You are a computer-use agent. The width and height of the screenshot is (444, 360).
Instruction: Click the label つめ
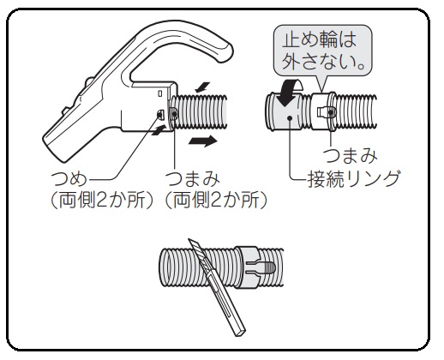coord(69,179)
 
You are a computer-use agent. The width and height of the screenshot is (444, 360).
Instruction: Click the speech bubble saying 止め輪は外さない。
coord(323,51)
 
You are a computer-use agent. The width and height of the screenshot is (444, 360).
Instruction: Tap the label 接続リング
coord(353,179)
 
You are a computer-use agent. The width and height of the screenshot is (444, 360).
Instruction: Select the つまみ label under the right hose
coord(350,156)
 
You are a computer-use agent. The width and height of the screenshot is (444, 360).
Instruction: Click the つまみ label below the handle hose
coord(193,179)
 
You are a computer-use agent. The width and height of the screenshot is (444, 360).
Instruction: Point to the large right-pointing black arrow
coord(203,141)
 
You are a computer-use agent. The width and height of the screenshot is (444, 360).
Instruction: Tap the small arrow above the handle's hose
coord(202,87)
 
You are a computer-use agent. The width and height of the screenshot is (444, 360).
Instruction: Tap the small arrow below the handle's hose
coord(159,130)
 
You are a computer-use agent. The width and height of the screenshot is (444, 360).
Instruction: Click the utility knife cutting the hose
coord(216,287)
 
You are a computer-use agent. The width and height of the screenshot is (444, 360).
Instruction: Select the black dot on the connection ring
coord(290,117)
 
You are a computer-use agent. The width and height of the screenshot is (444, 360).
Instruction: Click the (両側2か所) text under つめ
coord(102,200)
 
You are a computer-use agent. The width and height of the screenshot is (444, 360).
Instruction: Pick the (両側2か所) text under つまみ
coord(216,200)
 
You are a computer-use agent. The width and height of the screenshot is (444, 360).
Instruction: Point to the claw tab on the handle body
coord(160,115)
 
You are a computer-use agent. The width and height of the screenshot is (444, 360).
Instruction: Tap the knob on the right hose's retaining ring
coord(331,112)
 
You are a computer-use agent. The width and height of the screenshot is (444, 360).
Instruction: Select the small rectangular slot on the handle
coord(160,93)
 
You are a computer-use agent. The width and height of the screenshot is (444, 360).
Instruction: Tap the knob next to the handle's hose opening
coord(174,114)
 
